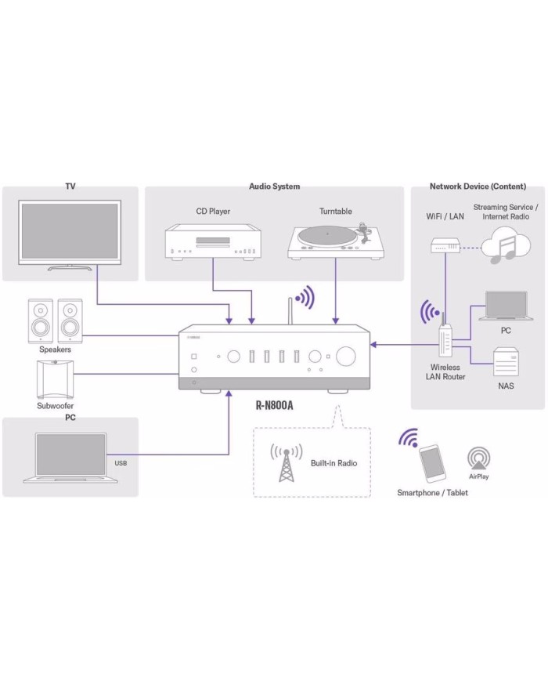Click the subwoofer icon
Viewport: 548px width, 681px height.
(55, 382)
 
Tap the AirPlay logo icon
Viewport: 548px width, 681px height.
(479, 458)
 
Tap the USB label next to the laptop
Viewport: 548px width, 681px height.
(121, 463)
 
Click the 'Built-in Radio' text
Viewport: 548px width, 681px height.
(333, 463)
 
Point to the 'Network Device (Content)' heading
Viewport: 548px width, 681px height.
(478, 187)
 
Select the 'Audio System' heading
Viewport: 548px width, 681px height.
(274, 187)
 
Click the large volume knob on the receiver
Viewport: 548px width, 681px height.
(346, 357)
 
